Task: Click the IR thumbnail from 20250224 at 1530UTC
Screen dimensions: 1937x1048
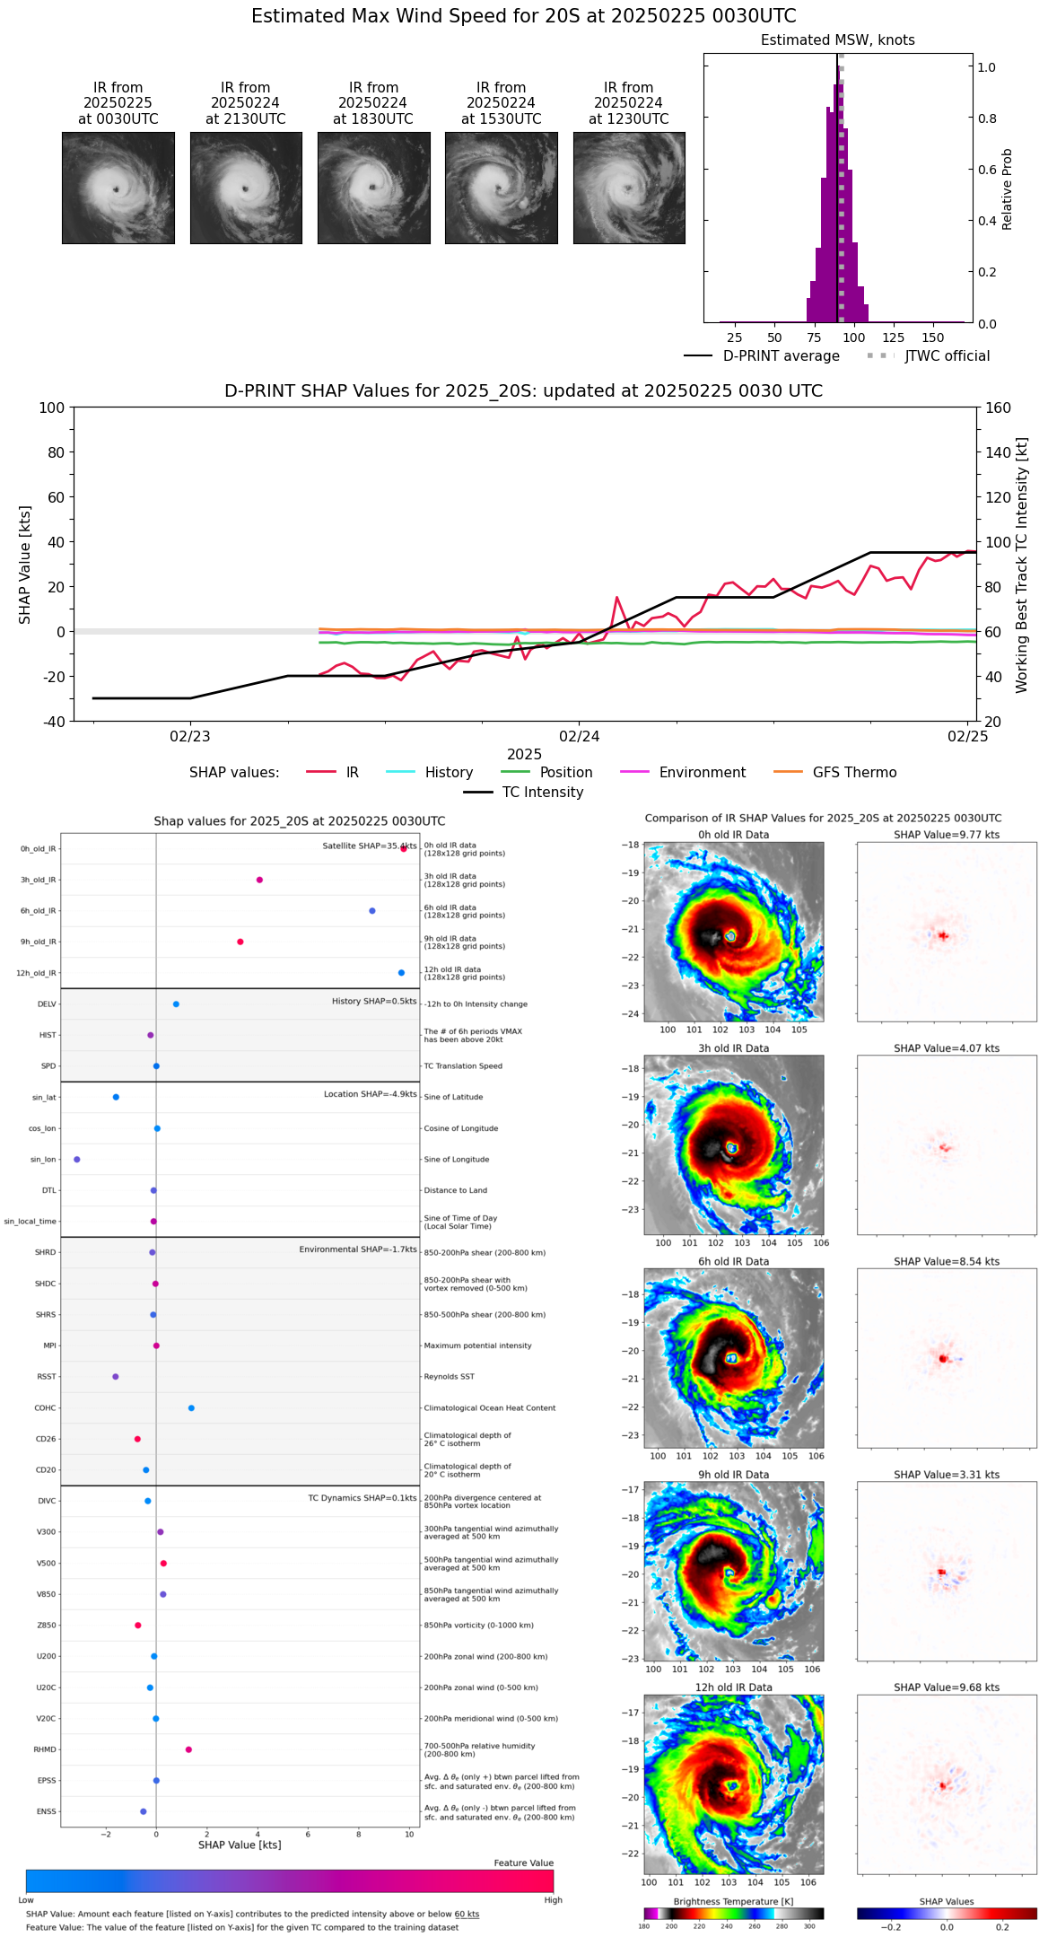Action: click(501, 188)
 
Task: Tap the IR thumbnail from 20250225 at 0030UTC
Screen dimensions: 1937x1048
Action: click(118, 188)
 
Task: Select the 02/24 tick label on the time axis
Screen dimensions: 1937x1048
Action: click(579, 736)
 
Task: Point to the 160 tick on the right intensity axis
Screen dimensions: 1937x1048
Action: click(998, 408)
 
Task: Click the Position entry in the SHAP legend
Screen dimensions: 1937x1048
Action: click(565, 772)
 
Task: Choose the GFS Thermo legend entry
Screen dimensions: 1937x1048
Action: click(854, 772)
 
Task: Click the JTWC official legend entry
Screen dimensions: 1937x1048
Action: click(947, 355)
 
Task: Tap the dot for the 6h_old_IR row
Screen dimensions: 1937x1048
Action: click(372, 911)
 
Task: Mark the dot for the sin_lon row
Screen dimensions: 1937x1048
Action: click(77, 1160)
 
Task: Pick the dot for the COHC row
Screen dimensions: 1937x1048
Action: click(191, 1407)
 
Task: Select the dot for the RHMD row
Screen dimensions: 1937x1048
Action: click(188, 1749)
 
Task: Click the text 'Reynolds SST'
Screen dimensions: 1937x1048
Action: click(449, 1377)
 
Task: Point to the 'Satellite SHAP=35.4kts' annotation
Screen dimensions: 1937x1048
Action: click(369, 846)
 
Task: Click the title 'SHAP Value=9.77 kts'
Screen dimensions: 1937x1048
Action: click(946, 835)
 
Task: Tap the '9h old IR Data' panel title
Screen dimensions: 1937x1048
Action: click(733, 1475)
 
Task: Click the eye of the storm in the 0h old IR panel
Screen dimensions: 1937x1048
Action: click(730, 935)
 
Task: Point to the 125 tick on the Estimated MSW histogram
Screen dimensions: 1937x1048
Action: click(893, 337)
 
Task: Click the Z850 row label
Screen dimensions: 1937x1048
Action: click(46, 1626)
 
